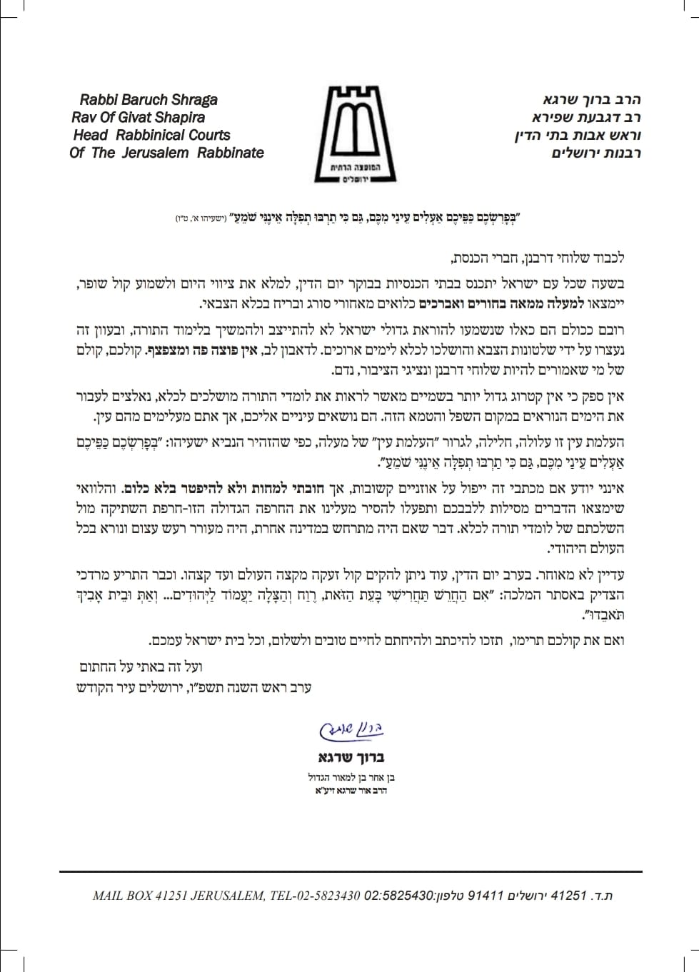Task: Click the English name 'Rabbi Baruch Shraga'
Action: pos(149,100)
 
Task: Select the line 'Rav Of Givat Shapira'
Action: pos(138,118)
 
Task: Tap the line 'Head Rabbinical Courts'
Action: pos(151,135)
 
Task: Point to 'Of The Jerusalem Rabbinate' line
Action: pos(166,153)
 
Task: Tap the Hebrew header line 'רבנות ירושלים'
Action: pos(595,153)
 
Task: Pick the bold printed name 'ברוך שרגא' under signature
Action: pos(351,757)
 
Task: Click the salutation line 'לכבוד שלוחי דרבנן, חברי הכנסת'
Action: pos(538,258)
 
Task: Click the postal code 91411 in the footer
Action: pos(486,896)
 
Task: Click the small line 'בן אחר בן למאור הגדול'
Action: pos(351,777)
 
